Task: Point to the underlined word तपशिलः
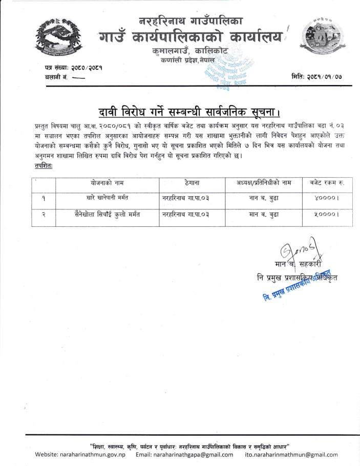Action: (44, 167)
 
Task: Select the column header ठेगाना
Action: (192, 182)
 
